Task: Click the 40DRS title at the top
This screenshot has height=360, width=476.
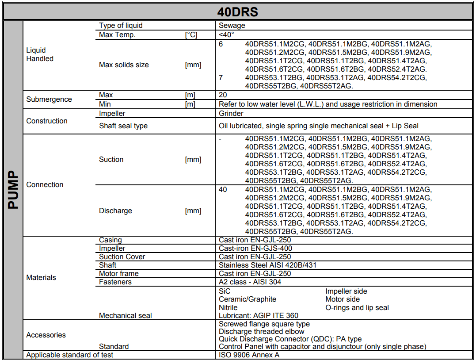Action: (238, 11)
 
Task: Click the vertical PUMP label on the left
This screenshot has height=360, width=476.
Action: (13, 190)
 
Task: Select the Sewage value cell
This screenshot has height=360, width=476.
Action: (232, 26)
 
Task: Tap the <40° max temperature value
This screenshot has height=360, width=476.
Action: (227, 34)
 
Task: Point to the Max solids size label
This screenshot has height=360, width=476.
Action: (124, 65)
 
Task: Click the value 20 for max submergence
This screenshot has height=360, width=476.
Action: (223, 95)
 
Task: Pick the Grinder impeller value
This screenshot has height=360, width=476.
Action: (231, 114)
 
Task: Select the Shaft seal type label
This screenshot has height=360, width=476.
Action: (123, 126)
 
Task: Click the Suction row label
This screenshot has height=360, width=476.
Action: (111, 160)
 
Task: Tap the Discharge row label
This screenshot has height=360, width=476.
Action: (115, 211)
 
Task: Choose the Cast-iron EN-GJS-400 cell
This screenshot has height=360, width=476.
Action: (255, 249)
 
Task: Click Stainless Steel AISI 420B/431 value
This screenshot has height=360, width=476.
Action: (267, 265)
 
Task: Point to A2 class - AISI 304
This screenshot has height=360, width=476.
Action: (250, 282)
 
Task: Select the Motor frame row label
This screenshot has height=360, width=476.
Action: (118, 274)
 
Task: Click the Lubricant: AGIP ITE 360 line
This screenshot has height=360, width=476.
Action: (259, 316)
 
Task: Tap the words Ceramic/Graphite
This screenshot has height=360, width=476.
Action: (248, 299)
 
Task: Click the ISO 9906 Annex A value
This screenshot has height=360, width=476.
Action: (249, 355)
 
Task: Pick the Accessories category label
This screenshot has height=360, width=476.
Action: (46, 335)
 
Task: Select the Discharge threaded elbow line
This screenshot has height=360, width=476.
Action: (262, 332)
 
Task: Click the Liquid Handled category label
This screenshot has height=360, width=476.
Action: (40, 54)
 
